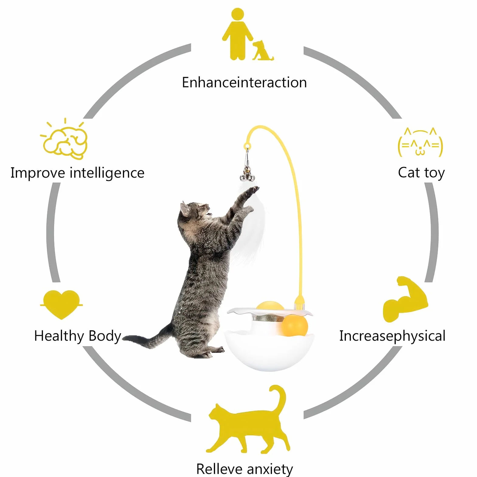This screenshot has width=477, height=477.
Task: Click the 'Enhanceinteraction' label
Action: click(x=244, y=82)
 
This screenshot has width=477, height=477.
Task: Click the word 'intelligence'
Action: click(x=107, y=173)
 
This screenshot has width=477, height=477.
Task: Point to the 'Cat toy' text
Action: click(x=421, y=173)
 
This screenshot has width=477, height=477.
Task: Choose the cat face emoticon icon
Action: click(x=420, y=142)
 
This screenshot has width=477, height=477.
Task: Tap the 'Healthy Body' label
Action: click(x=78, y=336)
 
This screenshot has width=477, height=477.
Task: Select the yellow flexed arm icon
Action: click(x=405, y=299)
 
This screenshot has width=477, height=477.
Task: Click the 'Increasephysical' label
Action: click(x=392, y=336)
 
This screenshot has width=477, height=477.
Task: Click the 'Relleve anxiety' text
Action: click(x=245, y=469)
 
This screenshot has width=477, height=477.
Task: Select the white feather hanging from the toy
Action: click(x=249, y=225)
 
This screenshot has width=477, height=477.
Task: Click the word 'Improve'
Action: click(x=38, y=173)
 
